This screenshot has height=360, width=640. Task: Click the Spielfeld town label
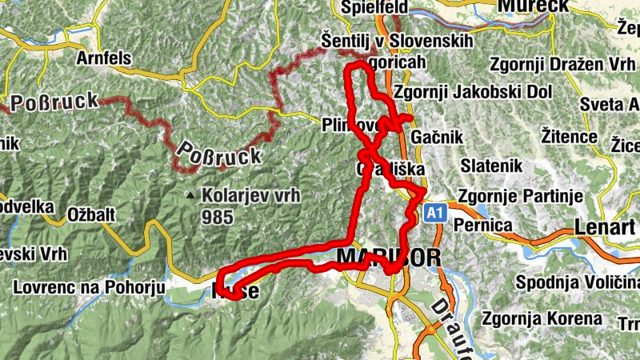coord(374,7)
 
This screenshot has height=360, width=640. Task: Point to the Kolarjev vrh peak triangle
coord(190,195)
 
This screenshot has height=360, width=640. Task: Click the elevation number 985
coord(218,216)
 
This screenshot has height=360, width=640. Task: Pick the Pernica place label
coord(482,226)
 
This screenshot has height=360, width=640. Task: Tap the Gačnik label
coord(436,138)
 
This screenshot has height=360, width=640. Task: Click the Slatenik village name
coord(492,166)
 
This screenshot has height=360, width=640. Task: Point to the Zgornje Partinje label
coord(512,196)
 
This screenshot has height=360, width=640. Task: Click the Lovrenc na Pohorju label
coord(89,287)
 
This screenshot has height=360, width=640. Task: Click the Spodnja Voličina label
coord(577,282)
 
